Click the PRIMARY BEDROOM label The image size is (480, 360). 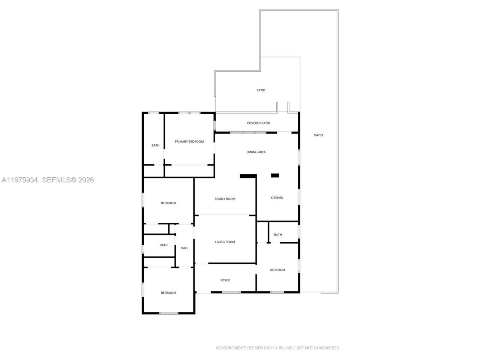(189, 142)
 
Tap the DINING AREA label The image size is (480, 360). (256, 152)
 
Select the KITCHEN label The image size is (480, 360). (277, 198)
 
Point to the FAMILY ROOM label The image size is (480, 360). (225, 199)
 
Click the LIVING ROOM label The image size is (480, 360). (225, 242)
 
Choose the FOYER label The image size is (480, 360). (225, 280)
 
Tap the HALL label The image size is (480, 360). (184, 248)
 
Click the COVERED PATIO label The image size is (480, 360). (258, 123)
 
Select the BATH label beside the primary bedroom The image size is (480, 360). (155, 145)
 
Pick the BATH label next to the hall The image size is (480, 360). (163, 245)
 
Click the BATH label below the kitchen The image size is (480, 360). (278, 235)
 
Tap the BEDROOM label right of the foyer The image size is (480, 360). (277, 270)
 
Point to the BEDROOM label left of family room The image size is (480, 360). (168, 203)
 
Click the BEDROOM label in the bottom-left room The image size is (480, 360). (168, 293)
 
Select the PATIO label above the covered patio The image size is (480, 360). (261, 90)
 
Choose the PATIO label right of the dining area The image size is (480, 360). (318, 135)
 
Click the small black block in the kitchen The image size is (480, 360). (275, 175)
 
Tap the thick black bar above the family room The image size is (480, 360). (248, 176)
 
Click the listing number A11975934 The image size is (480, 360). (20, 180)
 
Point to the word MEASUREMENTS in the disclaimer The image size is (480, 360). (231, 348)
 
